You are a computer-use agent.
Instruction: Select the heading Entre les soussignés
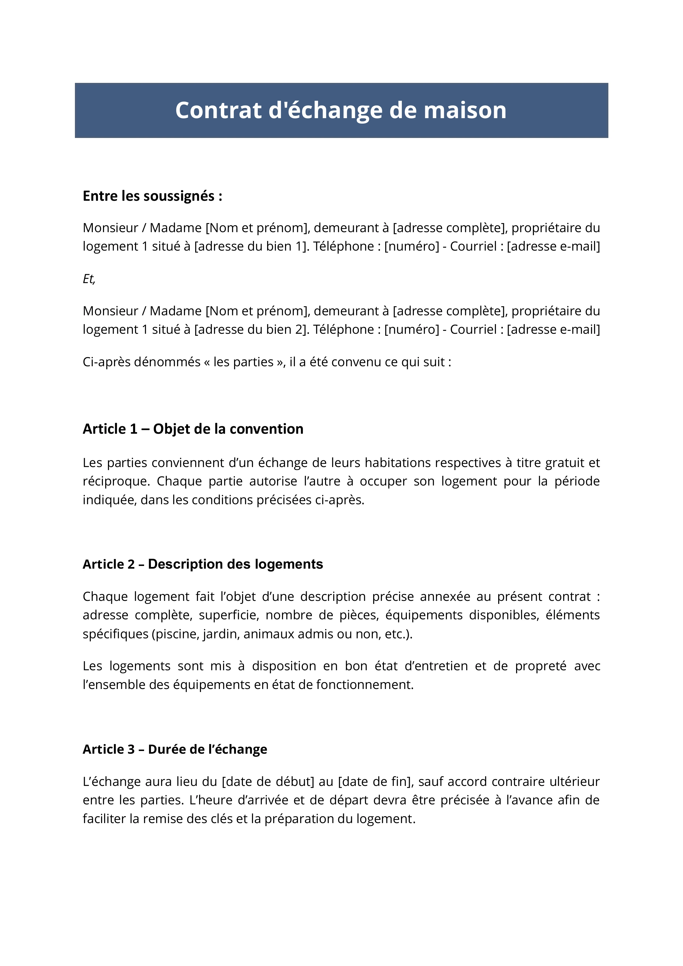tap(152, 196)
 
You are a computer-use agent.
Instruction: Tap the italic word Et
tap(89, 279)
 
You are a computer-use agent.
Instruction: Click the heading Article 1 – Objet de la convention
tap(193, 429)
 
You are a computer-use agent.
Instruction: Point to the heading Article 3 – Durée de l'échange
tap(175, 749)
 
